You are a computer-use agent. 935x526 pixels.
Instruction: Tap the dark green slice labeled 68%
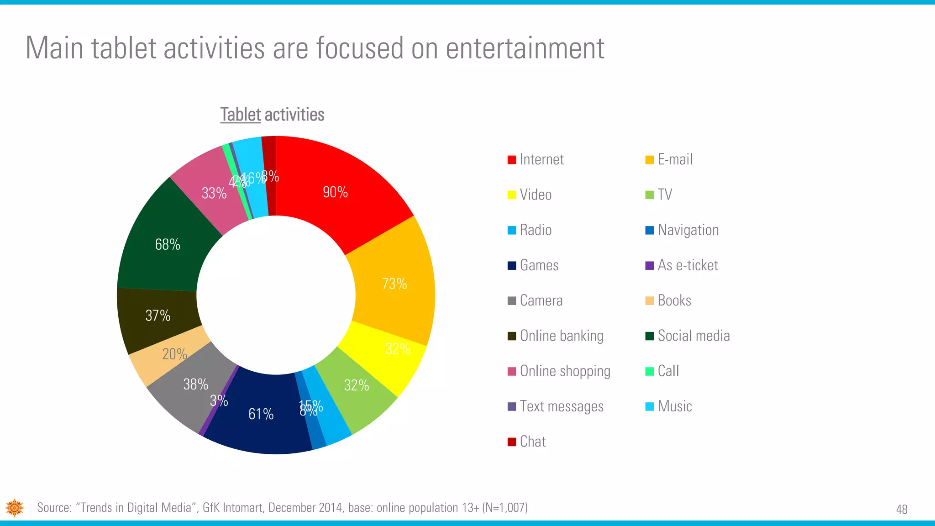(x=168, y=245)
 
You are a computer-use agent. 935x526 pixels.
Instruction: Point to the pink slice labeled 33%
(x=214, y=193)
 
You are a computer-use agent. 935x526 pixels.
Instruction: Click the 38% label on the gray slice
(x=195, y=384)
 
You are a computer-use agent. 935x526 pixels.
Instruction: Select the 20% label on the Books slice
(x=174, y=354)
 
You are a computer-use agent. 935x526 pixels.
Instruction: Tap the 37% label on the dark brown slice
(x=158, y=316)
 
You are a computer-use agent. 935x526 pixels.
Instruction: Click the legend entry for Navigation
(x=688, y=230)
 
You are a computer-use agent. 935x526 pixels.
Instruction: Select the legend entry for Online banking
(x=561, y=336)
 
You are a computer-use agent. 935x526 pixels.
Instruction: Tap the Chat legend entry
(x=532, y=442)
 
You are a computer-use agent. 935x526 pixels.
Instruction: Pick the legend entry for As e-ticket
(x=687, y=265)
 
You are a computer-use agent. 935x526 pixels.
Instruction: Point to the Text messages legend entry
(x=561, y=406)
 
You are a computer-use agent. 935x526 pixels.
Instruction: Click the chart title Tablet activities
(x=272, y=115)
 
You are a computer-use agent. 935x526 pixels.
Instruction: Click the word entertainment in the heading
(x=525, y=48)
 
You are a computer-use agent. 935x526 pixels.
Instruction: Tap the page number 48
(x=902, y=509)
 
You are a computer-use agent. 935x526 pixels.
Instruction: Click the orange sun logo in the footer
(x=15, y=508)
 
